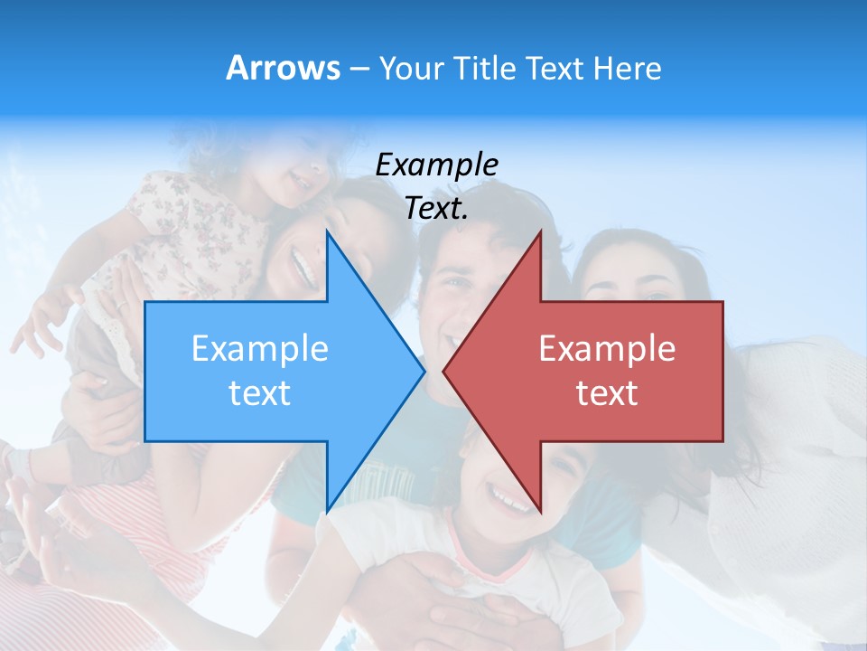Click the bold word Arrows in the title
283,68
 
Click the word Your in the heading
412,69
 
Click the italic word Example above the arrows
436,165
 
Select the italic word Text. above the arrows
436,209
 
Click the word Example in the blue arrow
259,349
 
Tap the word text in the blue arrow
259,393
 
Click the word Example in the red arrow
607,349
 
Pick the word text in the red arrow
607,393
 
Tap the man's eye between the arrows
458,284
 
